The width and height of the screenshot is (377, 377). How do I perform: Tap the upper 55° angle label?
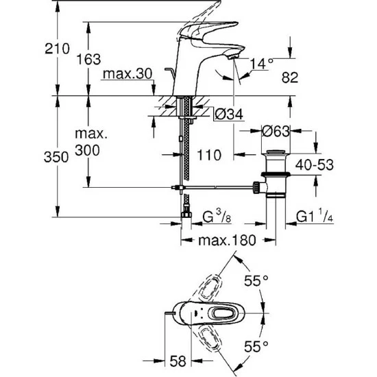pyautogui.click(x=257, y=280)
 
